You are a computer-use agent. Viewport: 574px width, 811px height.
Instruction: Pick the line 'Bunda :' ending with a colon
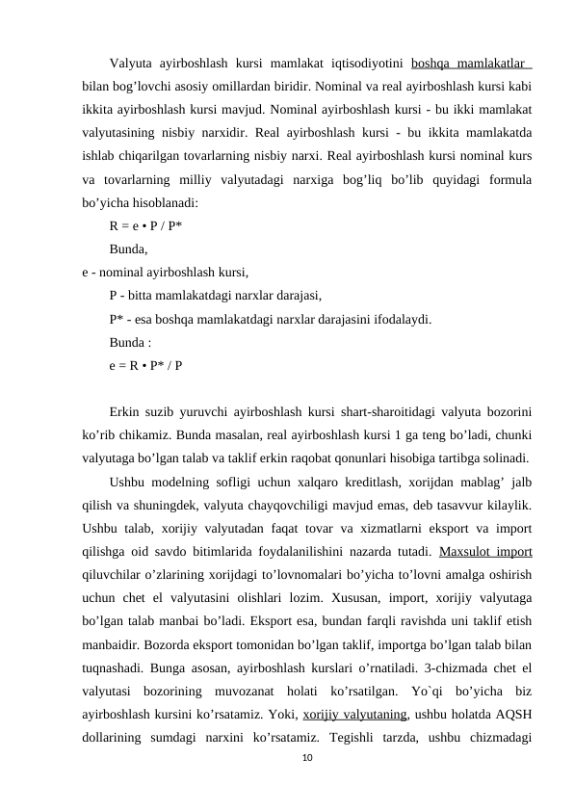129,342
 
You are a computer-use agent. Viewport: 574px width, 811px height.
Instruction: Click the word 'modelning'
184,483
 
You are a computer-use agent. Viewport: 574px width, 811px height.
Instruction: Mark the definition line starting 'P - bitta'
215,296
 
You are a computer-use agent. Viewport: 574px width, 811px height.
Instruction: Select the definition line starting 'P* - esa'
271,319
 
